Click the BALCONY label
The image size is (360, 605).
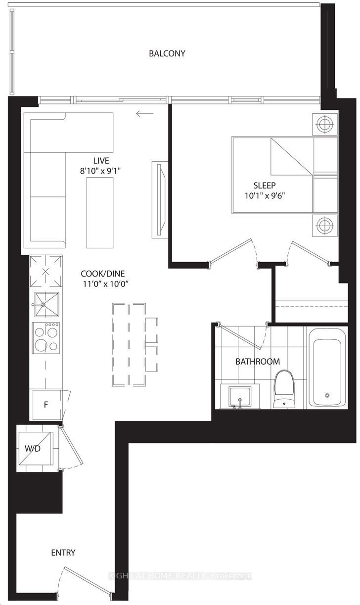click(x=167, y=53)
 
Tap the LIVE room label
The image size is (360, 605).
click(x=100, y=161)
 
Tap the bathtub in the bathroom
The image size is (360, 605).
click(x=327, y=367)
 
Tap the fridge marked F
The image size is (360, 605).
click(x=46, y=405)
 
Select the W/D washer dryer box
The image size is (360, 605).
click(x=35, y=448)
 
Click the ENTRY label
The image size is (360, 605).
click(x=63, y=553)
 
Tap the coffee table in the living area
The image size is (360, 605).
click(x=100, y=213)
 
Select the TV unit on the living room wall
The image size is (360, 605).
click(x=159, y=199)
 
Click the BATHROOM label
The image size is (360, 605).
click(x=257, y=362)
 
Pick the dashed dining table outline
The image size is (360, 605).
click(x=129, y=345)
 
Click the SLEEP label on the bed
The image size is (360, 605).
click(x=264, y=186)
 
